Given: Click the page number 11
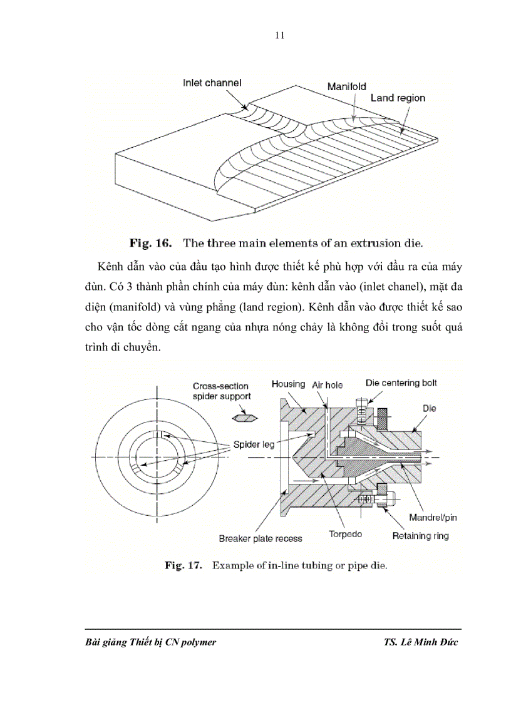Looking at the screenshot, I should pyautogui.click(x=280, y=35).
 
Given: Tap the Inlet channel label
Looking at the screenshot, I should pyautogui.click(x=212, y=83).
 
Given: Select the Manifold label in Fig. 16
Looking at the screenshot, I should pyautogui.click(x=346, y=86).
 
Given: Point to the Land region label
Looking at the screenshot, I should pyautogui.click(x=398, y=98).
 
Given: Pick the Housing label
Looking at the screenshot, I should pyautogui.click(x=288, y=384).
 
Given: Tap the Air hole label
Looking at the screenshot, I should pyautogui.click(x=327, y=385).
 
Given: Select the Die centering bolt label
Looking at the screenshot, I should pyautogui.click(x=401, y=382).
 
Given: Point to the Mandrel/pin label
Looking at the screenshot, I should pyautogui.click(x=433, y=518).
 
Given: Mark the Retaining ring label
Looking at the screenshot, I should pyautogui.click(x=420, y=536).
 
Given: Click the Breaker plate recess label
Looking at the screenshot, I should pyautogui.click(x=260, y=538).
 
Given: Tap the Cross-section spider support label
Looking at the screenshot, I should pyautogui.click(x=222, y=391).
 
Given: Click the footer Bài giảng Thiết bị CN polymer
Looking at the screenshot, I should pyautogui.click(x=150, y=642).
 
